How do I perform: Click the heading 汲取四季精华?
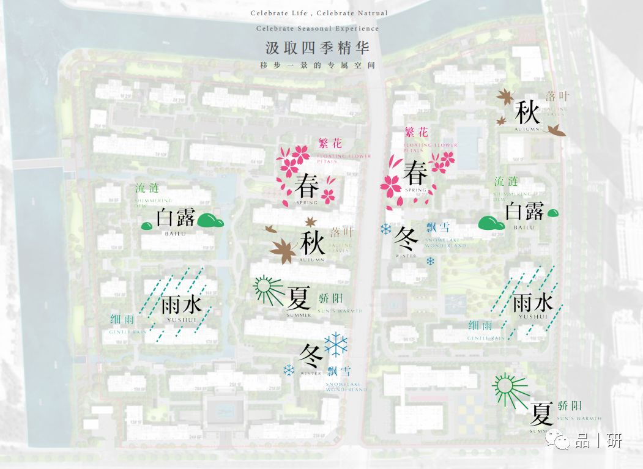click(x=318, y=47)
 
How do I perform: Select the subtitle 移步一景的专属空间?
click(x=318, y=64)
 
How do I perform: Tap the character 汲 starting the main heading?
click(x=273, y=47)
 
